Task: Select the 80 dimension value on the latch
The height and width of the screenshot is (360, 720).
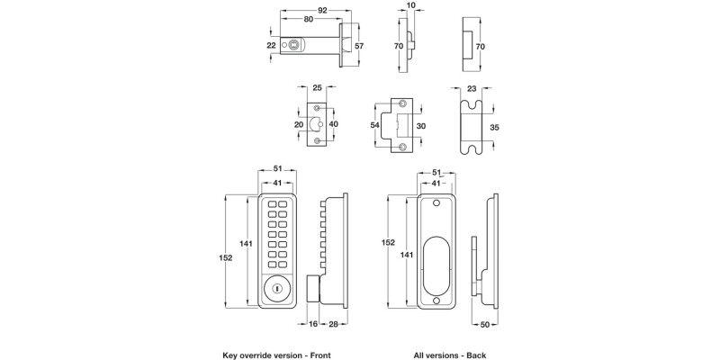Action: pyautogui.click(x=309, y=19)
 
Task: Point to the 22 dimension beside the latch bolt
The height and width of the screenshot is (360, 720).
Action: pyautogui.click(x=271, y=44)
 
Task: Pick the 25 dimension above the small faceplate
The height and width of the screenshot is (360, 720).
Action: pyautogui.click(x=317, y=89)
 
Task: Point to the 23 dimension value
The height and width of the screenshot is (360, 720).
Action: pyautogui.click(x=473, y=89)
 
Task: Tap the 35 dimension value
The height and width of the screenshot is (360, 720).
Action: pyautogui.click(x=493, y=128)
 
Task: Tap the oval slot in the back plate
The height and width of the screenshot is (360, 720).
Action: pyautogui.click(x=436, y=256)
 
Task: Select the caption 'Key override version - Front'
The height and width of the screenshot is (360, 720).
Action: pyautogui.click(x=277, y=356)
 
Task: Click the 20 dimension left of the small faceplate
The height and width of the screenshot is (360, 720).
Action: pyautogui.click(x=299, y=125)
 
